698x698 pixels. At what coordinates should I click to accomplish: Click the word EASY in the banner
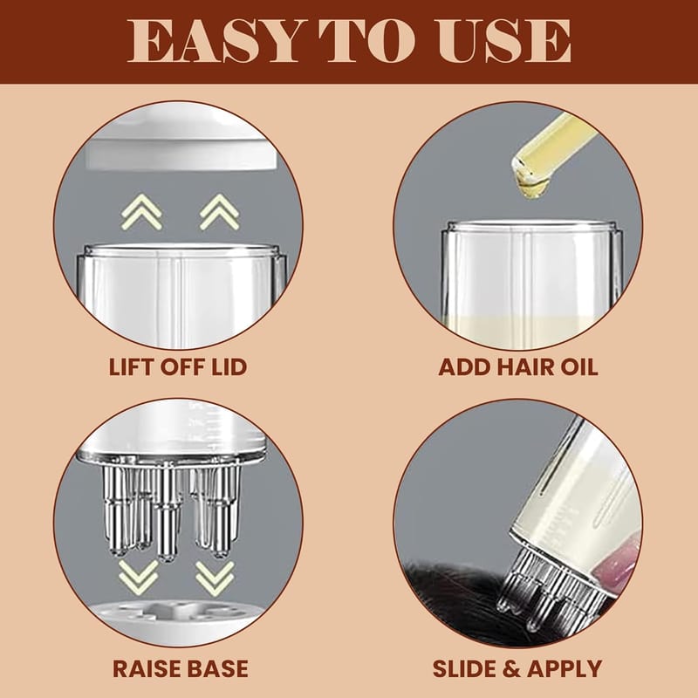pyautogui.click(x=213, y=42)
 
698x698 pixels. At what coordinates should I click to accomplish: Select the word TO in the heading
pyautogui.click(x=366, y=42)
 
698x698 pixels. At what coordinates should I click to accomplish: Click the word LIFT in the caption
pyautogui.click(x=132, y=367)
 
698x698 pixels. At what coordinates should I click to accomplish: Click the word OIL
pyautogui.click(x=576, y=367)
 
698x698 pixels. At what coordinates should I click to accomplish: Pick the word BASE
pyautogui.click(x=216, y=669)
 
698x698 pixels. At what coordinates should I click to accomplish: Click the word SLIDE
pyautogui.click(x=465, y=669)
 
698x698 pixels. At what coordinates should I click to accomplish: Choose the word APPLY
pyautogui.click(x=564, y=669)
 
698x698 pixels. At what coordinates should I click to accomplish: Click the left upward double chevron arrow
pyautogui.click(x=141, y=212)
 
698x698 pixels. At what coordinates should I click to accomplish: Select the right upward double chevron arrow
pyautogui.click(x=220, y=212)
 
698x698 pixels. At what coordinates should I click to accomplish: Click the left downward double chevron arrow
pyautogui.click(x=139, y=578)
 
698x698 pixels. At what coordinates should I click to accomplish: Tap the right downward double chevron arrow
pyautogui.click(x=215, y=578)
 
